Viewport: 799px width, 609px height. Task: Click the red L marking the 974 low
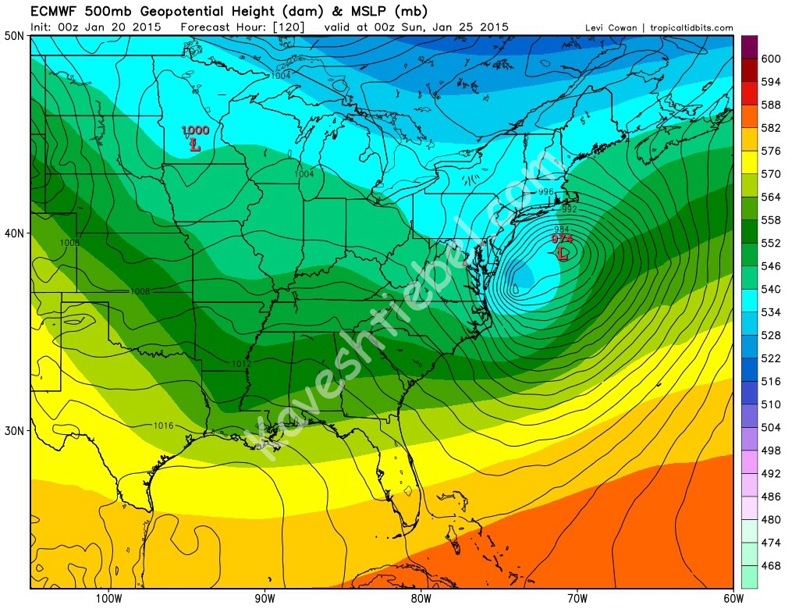(x=561, y=253)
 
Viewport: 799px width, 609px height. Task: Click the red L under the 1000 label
(x=195, y=144)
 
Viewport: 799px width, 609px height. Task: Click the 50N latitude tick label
(x=13, y=36)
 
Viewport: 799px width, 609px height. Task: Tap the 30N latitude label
(x=13, y=430)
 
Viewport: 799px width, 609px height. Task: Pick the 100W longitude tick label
(x=108, y=600)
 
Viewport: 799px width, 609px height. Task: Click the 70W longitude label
(x=576, y=600)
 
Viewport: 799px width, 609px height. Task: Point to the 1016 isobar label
(x=164, y=426)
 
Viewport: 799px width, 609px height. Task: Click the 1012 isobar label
(x=241, y=364)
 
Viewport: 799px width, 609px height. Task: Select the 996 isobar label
(x=546, y=191)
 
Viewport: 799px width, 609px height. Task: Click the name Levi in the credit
(x=595, y=28)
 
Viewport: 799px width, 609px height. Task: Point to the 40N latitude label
(x=13, y=233)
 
